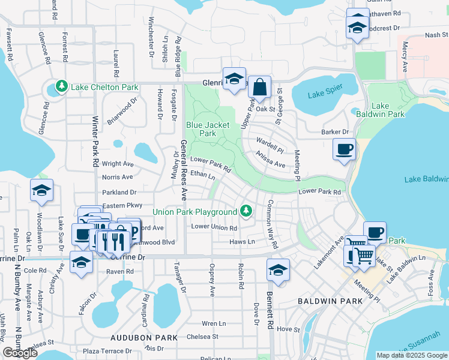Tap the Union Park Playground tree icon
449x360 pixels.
(x=246, y=212)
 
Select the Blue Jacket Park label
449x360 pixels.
(x=200, y=129)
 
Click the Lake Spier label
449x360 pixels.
(x=324, y=94)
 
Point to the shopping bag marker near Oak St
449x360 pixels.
(x=259, y=88)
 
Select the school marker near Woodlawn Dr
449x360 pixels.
(x=41, y=191)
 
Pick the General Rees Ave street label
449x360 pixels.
(x=183, y=170)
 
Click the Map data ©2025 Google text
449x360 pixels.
(x=412, y=355)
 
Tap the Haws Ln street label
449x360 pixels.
(x=243, y=241)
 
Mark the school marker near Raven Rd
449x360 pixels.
(x=82, y=262)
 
